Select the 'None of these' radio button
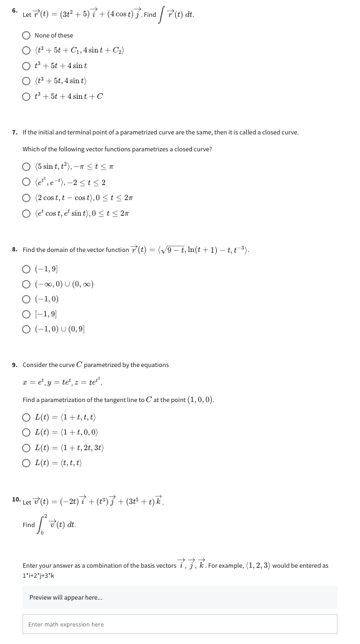point(27,36)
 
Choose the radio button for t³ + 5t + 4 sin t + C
point(27,96)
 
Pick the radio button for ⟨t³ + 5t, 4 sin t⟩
point(27,81)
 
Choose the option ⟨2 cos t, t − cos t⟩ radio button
point(27,197)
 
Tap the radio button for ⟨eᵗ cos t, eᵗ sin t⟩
point(27,213)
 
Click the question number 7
point(14,132)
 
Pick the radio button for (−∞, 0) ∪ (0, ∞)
point(27,284)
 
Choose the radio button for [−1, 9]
point(27,314)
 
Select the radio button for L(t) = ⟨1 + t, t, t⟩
point(27,416)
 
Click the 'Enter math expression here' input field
point(182,624)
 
